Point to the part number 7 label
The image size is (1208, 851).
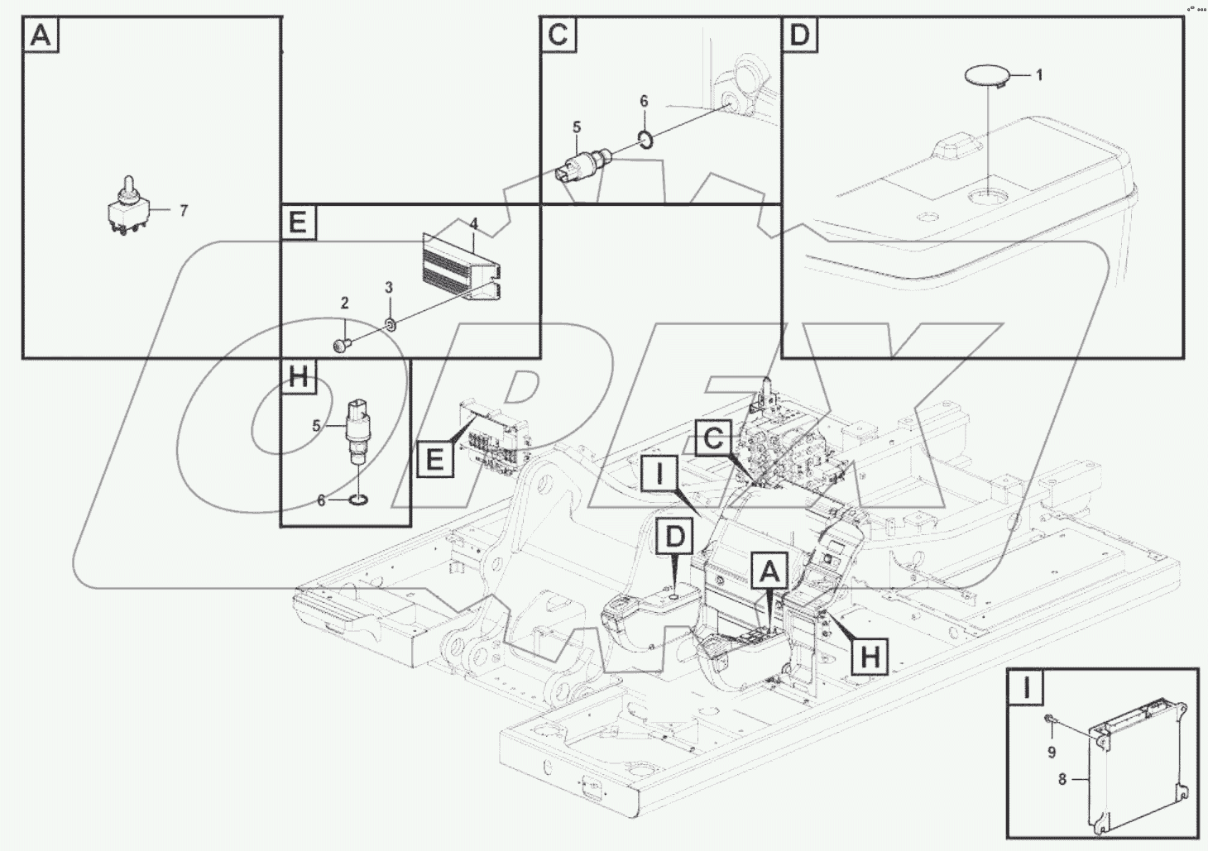click(x=184, y=211)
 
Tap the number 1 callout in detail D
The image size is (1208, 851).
click(x=1039, y=75)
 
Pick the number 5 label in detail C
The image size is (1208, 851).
click(x=577, y=127)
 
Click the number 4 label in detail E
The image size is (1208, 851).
click(x=473, y=223)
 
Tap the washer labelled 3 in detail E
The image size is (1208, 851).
click(x=391, y=325)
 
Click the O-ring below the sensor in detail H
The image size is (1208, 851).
click(x=358, y=500)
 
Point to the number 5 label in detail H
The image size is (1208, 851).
click(x=316, y=426)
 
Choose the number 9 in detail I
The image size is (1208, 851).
click(x=1052, y=753)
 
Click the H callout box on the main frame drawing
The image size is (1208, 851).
click(x=870, y=657)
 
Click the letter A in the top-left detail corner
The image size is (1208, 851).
click(x=41, y=35)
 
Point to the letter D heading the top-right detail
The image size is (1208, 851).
click(x=799, y=35)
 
